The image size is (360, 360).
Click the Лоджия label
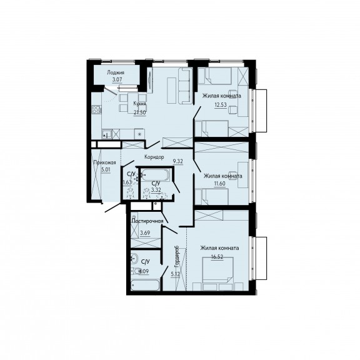pyautogui.click(x=116, y=72)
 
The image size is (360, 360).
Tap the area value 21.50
pyautogui.click(x=140, y=112)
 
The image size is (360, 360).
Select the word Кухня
pyautogui.click(x=140, y=104)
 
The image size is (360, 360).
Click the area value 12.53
pyautogui.click(x=221, y=105)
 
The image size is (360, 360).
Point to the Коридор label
pyautogui.click(x=154, y=157)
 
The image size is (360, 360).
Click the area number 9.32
pyautogui.click(x=178, y=161)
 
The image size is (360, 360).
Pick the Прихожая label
pyautogui.click(x=105, y=162)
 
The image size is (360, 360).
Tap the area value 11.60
pyautogui.click(x=220, y=184)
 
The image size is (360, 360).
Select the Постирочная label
pyautogui.click(x=148, y=221)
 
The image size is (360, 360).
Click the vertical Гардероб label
pyautogui.click(x=177, y=257)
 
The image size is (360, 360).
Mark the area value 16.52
pyautogui.click(x=217, y=257)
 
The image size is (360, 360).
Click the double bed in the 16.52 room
pyautogui.click(x=217, y=271)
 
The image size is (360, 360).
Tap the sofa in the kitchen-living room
pyautogui.click(x=185, y=86)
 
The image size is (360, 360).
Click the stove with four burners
pyautogui.click(x=96, y=109)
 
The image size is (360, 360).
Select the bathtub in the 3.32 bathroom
pyautogui.click(x=155, y=175)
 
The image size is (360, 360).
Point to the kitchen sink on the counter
pyautogui.click(x=107, y=134)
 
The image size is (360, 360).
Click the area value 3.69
pyautogui.click(x=145, y=232)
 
